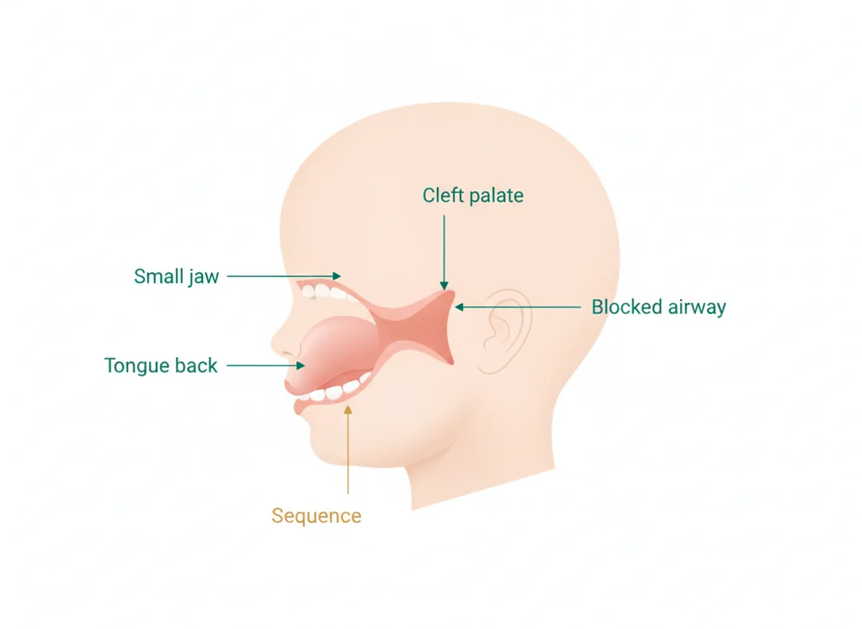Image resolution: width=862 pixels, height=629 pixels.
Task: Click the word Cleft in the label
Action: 439,195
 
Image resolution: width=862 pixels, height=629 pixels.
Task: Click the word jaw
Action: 204,277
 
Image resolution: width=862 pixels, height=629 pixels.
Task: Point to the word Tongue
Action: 137,366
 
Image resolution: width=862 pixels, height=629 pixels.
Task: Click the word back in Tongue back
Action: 196,365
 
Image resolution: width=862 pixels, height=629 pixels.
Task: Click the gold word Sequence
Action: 317,515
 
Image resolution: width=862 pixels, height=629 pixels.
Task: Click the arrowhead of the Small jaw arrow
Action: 337,275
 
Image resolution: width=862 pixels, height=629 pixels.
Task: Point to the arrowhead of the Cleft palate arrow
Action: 444,285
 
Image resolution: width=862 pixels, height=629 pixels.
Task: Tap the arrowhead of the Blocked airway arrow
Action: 460,307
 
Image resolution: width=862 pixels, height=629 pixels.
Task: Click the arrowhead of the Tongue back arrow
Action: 301,365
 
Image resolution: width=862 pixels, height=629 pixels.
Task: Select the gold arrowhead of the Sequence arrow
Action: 348,410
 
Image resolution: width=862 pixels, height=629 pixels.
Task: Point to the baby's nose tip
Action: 274,343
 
